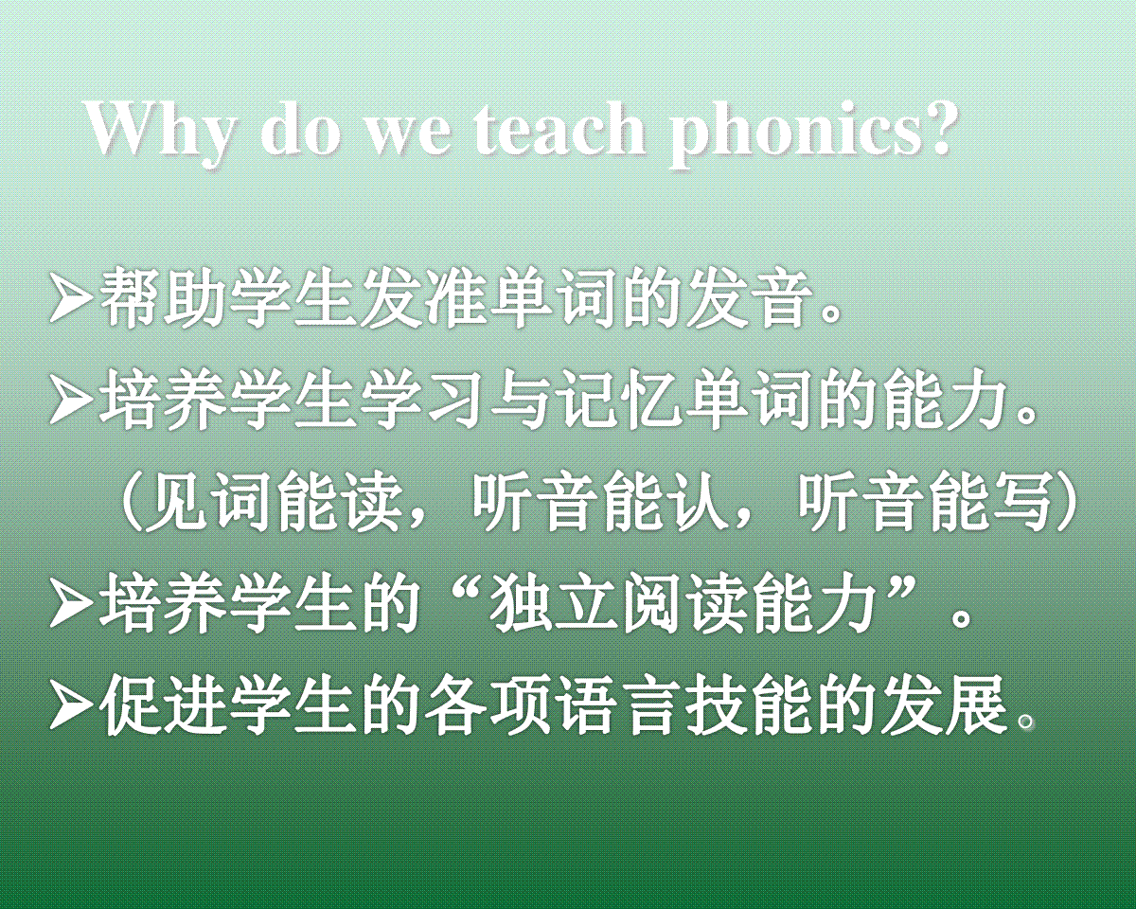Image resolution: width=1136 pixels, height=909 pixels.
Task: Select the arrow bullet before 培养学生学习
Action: [70, 401]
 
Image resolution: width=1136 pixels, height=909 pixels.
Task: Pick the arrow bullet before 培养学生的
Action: [70, 606]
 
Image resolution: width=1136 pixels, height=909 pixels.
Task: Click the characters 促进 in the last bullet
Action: [159, 704]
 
